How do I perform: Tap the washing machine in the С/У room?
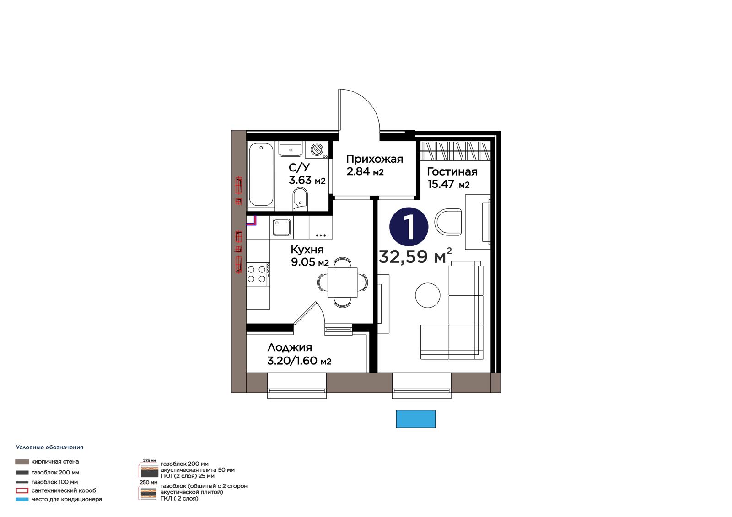point(317,150)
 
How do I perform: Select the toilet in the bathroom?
point(300,200)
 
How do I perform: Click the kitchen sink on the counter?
point(282,227)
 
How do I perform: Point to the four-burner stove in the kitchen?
point(258,274)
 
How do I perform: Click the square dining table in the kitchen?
point(343,282)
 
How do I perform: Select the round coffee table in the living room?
point(427,295)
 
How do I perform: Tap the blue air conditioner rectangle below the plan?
point(416,419)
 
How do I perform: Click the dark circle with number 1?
point(409,227)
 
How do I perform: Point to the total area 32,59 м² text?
point(415,256)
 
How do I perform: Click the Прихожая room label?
point(375,159)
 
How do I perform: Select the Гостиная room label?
point(452,172)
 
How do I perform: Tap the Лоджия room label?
point(290,347)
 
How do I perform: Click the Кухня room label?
point(307,250)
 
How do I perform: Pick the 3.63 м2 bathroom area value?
point(307,180)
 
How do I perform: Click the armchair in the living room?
point(448,222)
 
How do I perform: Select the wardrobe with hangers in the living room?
point(455,151)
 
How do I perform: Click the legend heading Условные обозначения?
point(50,448)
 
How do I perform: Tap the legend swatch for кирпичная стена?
point(22,462)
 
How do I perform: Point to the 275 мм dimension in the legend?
point(149,460)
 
